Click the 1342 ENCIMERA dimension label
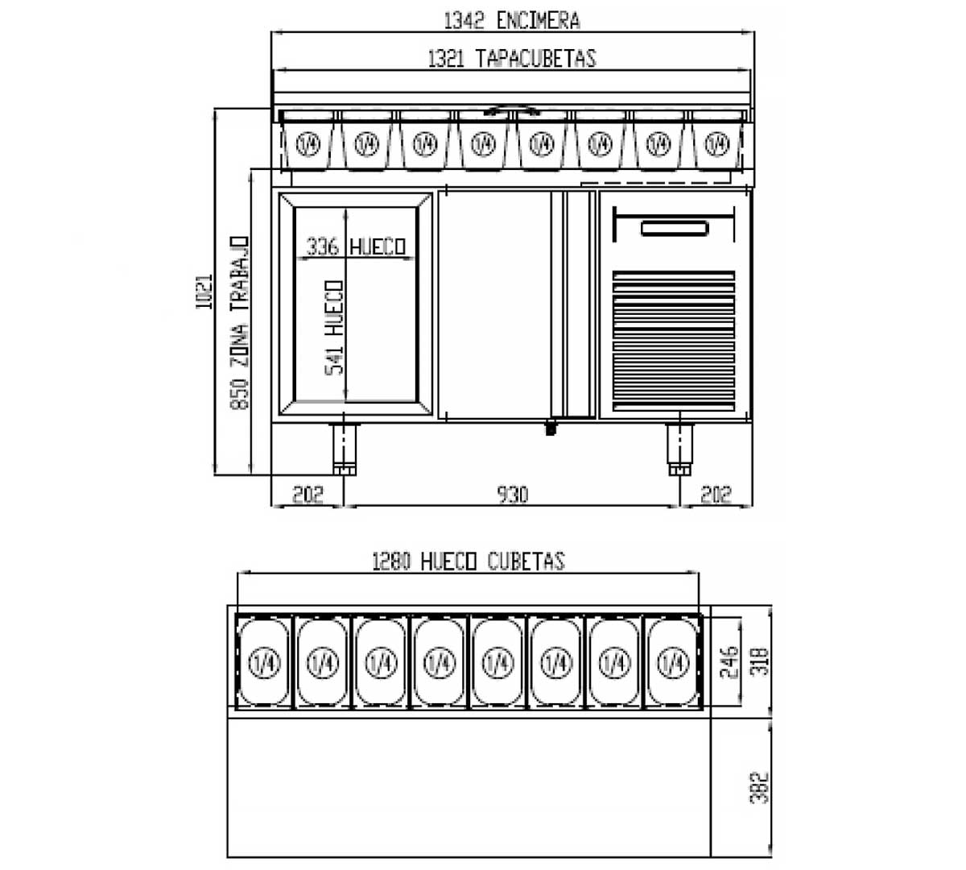coord(511,20)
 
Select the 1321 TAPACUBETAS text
coord(511,59)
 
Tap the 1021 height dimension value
coord(204,292)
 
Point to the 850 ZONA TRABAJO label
coord(240,322)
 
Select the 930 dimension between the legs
coord(511,494)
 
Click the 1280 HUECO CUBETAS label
coord(468,561)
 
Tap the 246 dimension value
coord(729,662)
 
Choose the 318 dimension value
coord(762,662)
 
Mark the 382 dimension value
coord(762,787)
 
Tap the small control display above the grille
coord(675,229)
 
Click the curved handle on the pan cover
coord(512,109)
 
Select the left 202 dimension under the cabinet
coord(307,494)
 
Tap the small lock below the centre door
coord(551,429)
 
